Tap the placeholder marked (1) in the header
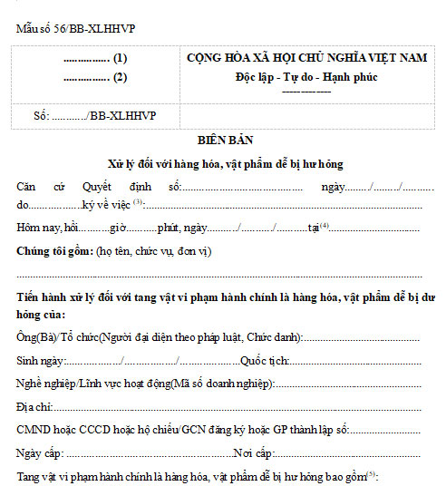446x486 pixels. [x=95, y=59]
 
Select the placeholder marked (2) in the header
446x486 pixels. [x=95, y=77]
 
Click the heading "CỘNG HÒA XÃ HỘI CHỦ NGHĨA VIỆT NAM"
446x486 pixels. [x=306, y=59]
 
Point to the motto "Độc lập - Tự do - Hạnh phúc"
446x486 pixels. [x=306, y=76]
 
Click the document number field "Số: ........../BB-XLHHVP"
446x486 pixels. [x=82, y=117]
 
